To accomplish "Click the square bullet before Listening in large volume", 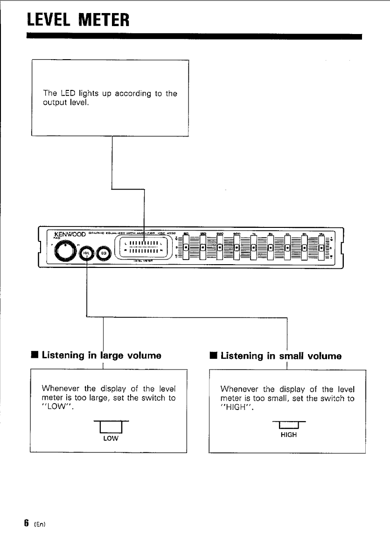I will pos(35,356).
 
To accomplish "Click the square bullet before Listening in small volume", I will pos(213,356).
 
